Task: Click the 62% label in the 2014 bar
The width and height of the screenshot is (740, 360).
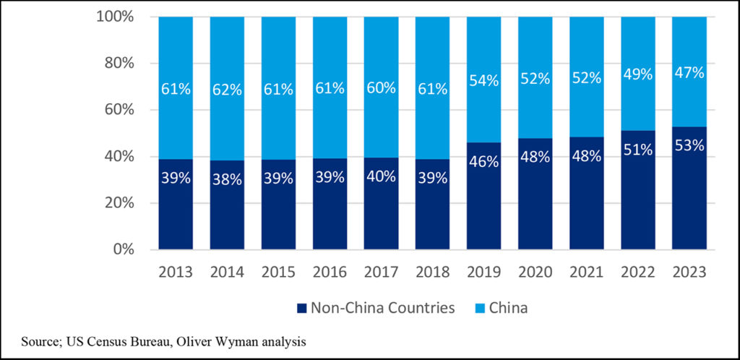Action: pyautogui.click(x=227, y=90)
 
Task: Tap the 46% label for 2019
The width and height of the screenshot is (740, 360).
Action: pyautogui.click(x=483, y=161)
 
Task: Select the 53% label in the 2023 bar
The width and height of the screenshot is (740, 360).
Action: pyautogui.click(x=689, y=145)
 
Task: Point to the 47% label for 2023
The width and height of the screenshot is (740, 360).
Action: pyautogui.click(x=689, y=74)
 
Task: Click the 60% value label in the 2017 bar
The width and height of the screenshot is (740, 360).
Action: pyautogui.click(x=381, y=88)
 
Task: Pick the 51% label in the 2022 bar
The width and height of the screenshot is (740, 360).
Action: pyautogui.click(x=637, y=150)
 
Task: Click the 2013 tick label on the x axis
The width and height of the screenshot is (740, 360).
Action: pyautogui.click(x=176, y=273)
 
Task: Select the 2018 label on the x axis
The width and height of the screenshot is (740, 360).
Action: pyautogui.click(x=432, y=273)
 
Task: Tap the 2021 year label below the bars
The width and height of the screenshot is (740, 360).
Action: pyautogui.click(x=586, y=273)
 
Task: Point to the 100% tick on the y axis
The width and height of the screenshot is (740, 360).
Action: pyautogui.click(x=115, y=17)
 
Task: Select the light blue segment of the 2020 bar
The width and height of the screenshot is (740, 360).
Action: pyautogui.click(x=535, y=51)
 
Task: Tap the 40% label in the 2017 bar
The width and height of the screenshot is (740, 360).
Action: pyautogui.click(x=381, y=176)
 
